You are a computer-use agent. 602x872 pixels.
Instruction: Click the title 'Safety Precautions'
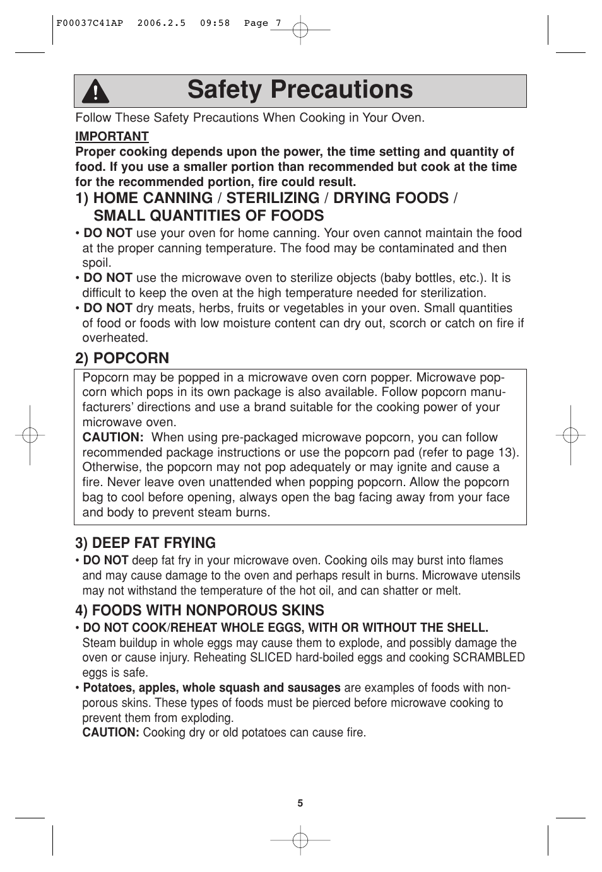(x=300, y=90)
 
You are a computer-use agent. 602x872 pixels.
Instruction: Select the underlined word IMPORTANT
(x=112, y=137)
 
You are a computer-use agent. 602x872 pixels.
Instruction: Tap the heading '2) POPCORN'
(x=122, y=358)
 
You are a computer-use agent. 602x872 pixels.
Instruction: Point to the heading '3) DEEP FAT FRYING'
(x=145, y=543)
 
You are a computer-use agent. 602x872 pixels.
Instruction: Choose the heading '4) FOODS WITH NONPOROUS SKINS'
(x=199, y=610)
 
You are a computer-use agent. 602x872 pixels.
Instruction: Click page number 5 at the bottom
(x=300, y=803)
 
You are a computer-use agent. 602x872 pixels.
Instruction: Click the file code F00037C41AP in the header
(x=90, y=23)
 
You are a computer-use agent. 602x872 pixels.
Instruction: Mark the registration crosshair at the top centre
(x=301, y=29)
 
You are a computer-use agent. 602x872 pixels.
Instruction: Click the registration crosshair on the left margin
(x=30, y=435)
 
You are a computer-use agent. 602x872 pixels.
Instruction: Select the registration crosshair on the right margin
(x=570, y=435)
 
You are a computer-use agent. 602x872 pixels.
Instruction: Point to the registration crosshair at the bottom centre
(x=301, y=840)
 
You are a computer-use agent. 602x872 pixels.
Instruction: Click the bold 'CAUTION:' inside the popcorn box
(x=113, y=438)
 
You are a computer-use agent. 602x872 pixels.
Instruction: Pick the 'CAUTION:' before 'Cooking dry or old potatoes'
(x=110, y=733)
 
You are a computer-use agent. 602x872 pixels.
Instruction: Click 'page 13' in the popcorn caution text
(x=490, y=453)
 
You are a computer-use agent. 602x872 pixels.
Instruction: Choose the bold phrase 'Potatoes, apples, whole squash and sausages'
(x=211, y=688)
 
